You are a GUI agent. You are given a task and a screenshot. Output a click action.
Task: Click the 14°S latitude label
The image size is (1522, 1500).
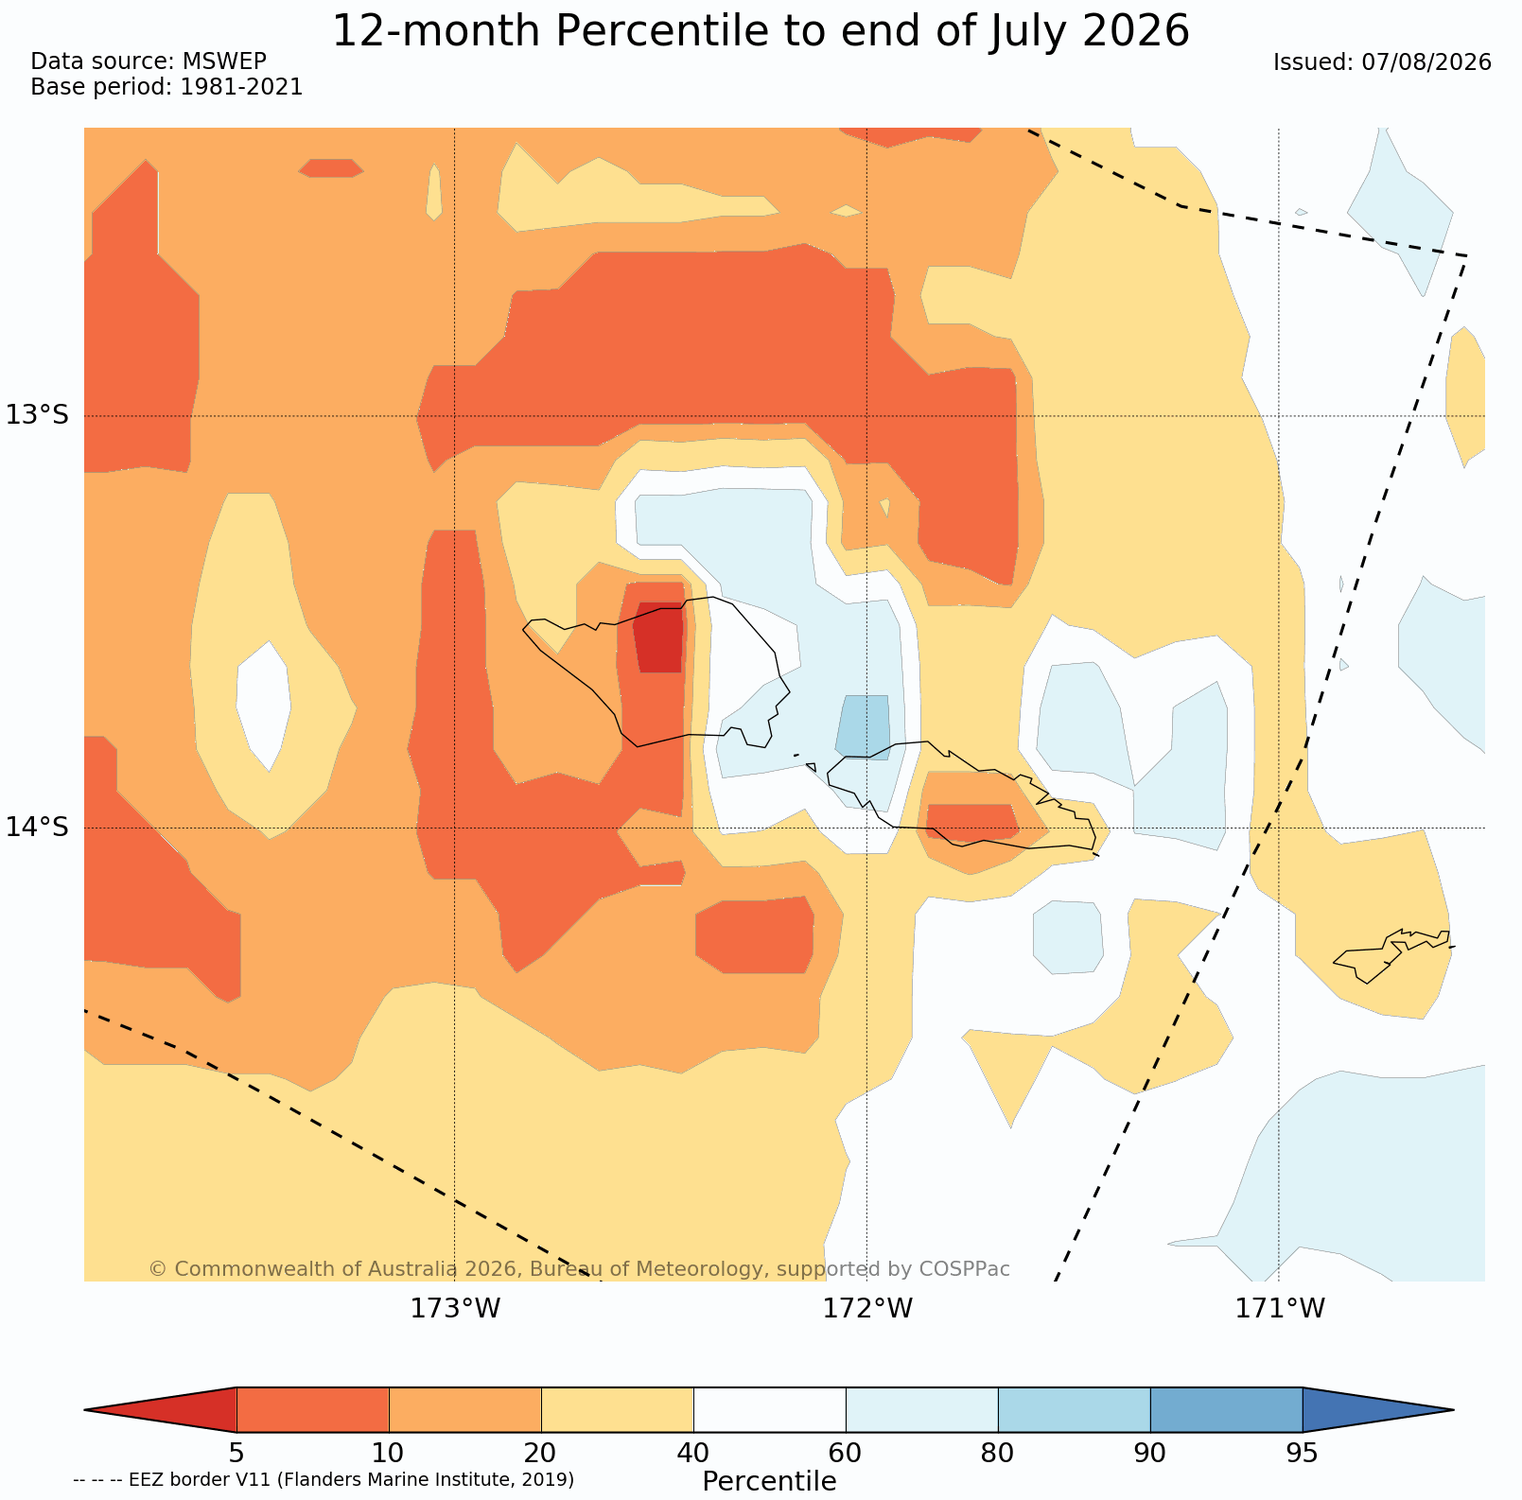[x=38, y=827]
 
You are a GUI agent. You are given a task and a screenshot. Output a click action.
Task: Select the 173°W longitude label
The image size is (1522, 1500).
[x=455, y=1309]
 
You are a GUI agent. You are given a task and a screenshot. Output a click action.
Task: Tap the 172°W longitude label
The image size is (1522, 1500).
[x=867, y=1309]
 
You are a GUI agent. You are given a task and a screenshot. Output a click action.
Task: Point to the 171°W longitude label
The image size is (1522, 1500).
[x=1280, y=1309]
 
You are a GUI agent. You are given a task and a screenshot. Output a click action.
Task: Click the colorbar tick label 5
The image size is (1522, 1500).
[x=236, y=1452]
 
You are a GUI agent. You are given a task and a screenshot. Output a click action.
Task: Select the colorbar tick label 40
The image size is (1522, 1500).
[x=693, y=1452]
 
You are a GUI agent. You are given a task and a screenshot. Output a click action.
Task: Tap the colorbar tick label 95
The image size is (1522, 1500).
[x=1303, y=1452]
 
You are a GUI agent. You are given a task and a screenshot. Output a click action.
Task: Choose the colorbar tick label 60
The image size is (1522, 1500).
[x=846, y=1452]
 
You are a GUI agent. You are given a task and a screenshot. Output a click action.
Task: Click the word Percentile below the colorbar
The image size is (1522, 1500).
[x=769, y=1481]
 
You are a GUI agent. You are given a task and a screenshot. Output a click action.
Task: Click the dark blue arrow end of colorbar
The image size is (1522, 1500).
[x=1378, y=1410]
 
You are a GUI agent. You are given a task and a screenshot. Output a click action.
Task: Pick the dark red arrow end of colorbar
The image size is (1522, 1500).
[x=161, y=1410]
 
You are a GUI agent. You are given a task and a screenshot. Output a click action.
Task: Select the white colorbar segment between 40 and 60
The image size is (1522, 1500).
[x=769, y=1410]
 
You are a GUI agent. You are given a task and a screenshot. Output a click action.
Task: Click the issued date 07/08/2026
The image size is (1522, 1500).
[x=1426, y=62]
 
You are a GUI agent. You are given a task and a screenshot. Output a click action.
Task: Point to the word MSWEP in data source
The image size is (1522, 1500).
[x=224, y=61]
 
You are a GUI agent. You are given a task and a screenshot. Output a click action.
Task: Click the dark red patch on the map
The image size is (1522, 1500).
[x=659, y=637]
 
